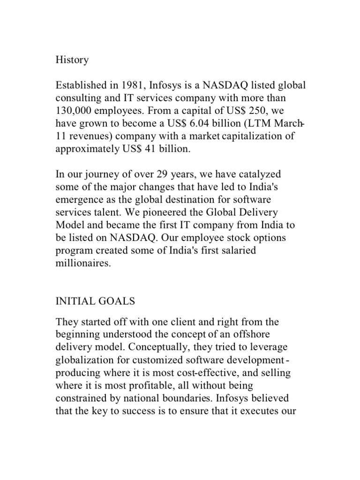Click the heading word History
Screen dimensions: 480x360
(x=72, y=60)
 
